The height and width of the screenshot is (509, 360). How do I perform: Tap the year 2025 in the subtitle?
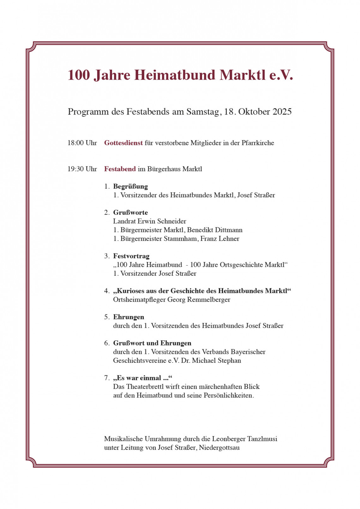282,112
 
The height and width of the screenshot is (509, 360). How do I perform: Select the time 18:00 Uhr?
82,143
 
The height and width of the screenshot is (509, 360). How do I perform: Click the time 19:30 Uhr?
82,169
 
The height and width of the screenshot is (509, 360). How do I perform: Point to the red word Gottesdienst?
123,143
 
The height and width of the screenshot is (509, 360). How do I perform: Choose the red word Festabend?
120,169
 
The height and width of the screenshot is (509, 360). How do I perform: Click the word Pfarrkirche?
258,143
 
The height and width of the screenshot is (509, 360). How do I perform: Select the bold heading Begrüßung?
130,187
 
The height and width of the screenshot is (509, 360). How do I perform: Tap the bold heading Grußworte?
130,213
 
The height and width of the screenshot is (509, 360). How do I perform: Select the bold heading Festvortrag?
131,256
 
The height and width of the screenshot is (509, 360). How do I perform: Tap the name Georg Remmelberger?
199,300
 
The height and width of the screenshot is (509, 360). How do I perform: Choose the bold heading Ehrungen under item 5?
129,317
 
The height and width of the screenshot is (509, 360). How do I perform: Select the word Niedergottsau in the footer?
219,448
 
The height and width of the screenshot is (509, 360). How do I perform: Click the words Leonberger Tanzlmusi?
244,439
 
